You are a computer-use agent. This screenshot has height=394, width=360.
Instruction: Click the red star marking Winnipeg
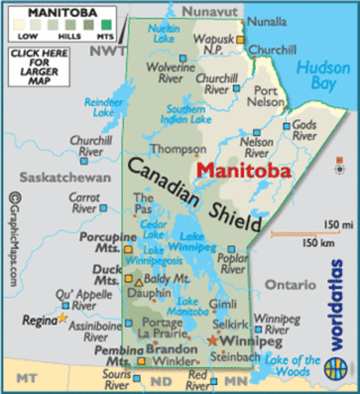pos(214,339)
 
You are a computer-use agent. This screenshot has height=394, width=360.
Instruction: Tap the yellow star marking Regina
pos(63,317)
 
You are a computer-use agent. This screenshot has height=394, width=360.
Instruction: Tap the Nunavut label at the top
pos(209,11)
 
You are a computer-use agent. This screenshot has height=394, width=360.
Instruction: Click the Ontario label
pos(290,284)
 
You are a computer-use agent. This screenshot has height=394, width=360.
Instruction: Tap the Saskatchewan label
pos(52,177)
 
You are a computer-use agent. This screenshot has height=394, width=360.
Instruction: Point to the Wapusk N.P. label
pos(215,44)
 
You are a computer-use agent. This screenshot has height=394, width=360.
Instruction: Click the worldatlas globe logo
pos(336,365)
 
